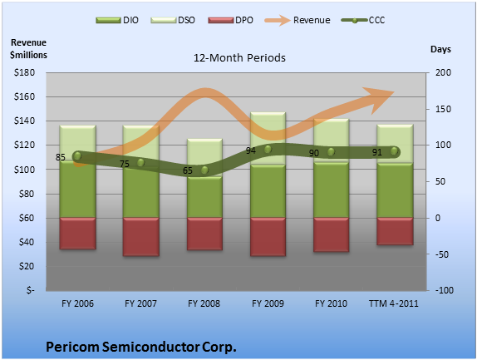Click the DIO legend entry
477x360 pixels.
tap(117, 21)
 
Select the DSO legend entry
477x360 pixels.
tap(173, 21)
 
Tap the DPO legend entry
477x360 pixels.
tap(230, 21)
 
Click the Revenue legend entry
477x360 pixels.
tap(298, 21)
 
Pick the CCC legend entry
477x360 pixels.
tap(363, 21)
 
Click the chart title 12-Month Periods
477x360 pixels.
tap(239, 58)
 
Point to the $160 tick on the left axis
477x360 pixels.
tap(24, 96)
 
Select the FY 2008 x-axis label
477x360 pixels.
tap(204, 303)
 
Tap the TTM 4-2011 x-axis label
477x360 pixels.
tap(394, 303)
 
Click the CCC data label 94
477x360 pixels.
tap(251, 150)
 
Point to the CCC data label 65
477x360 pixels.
tap(188, 170)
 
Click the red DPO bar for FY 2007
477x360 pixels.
tap(140, 237)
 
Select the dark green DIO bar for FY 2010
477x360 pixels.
tap(331, 190)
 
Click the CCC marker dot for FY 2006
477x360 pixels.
tap(77, 155)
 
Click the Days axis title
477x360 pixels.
tap(440, 49)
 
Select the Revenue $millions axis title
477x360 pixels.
tap(28, 49)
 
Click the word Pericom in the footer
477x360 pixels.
tap(72, 347)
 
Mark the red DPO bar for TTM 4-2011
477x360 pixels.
tap(395, 231)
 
